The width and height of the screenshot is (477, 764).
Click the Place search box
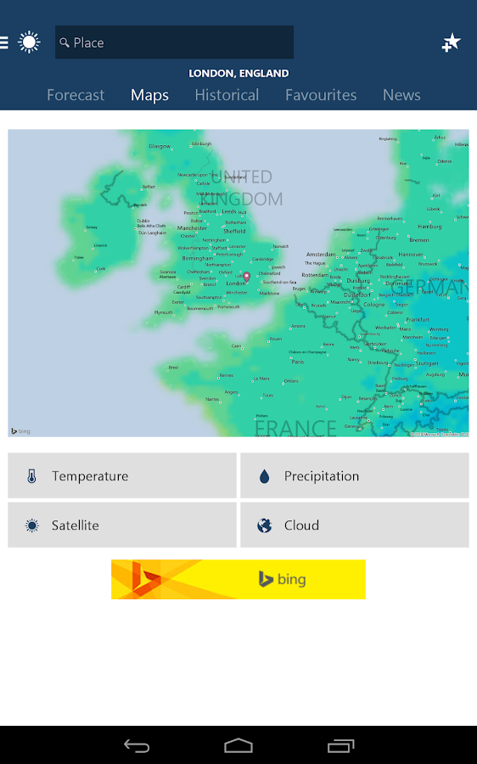click(x=174, y=42)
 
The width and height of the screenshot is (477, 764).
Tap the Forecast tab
click(x=76, y=95)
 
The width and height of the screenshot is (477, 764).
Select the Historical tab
click(x=227, y=95)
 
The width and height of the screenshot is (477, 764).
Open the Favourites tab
click(x=321, y=95)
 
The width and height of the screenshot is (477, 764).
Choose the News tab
click(x=401, y=95)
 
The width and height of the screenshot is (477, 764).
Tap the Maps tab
click(x=149, y=95)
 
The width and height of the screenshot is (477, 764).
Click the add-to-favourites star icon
click(x=452, y=42)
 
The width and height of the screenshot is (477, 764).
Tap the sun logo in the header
click(x=30, y=42)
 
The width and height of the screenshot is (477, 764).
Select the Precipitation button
click(x=355, y=476)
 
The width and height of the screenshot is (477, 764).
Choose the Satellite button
click(x=122, y=525)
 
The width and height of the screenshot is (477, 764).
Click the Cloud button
click(x=355, y=525)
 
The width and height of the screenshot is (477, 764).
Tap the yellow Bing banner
click(x=238, y=579)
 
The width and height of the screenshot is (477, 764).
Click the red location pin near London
click(x=247, y=276)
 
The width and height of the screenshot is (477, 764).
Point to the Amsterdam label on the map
click(x=321, y=255)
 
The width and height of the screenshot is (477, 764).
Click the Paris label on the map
click(x=297, y=362)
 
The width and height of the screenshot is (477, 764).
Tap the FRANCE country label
click(x=295, y=427)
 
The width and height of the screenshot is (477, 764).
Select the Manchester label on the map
click(x=192, y=228)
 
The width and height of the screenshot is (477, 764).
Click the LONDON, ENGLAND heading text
click(x=238, y=74)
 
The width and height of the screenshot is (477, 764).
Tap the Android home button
click(x=238, y=745)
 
